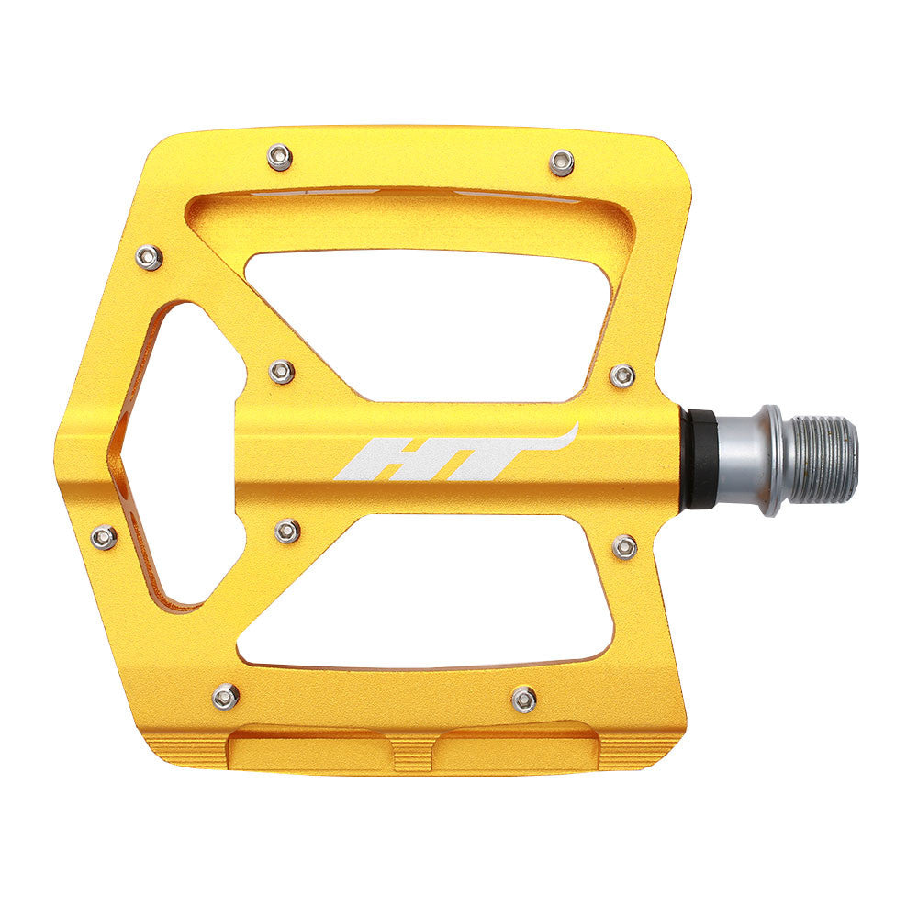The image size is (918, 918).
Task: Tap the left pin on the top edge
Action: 279,157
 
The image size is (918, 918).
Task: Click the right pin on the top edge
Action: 563,162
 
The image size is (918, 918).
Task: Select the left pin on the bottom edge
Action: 226,696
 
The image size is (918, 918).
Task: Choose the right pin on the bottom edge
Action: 524,700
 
